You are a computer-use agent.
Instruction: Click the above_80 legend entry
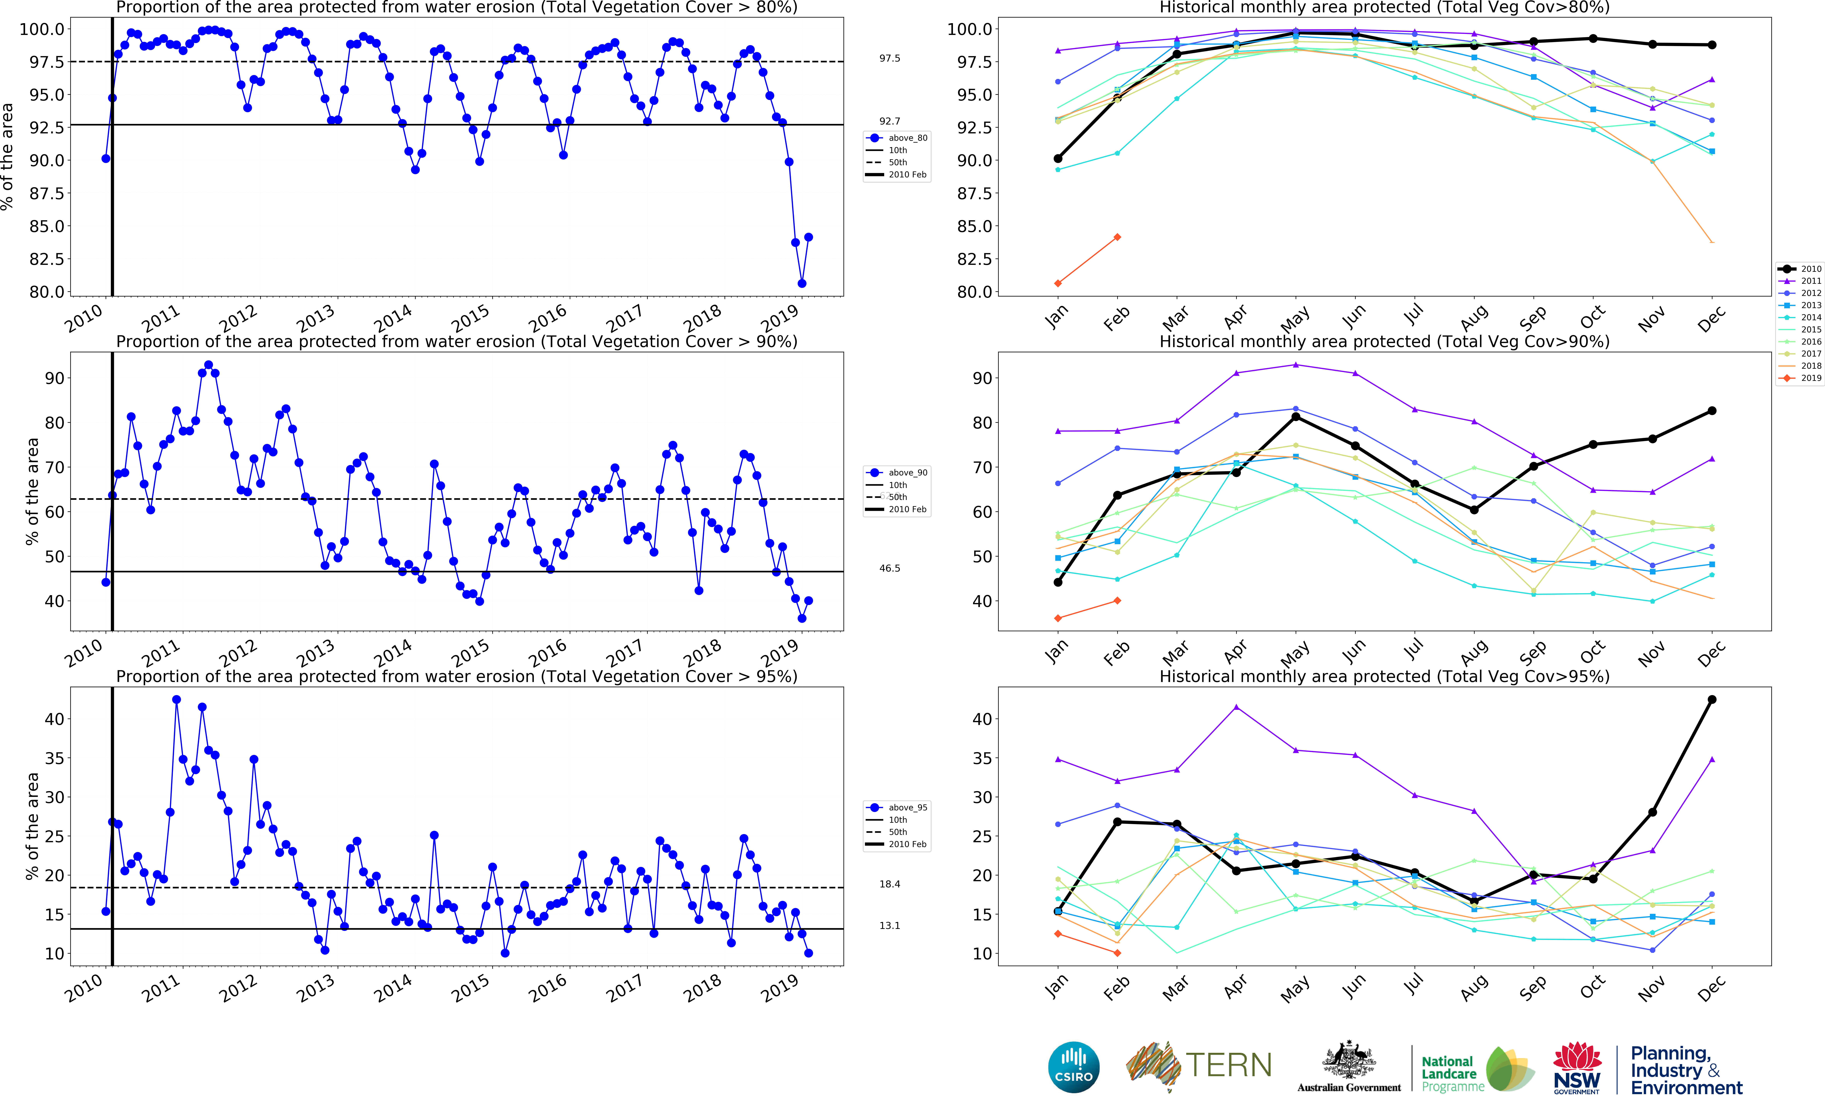898,138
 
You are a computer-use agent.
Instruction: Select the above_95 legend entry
898,808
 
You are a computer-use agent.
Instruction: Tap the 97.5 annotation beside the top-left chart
890,58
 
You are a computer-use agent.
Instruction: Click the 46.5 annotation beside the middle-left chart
890,569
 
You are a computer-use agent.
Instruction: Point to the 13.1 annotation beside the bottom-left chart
890,925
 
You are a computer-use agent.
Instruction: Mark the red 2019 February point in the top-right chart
1117,237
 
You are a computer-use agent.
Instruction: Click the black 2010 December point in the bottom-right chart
1712,700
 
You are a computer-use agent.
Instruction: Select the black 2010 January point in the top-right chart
1058,158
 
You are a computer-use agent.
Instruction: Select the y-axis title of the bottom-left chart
32,826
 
